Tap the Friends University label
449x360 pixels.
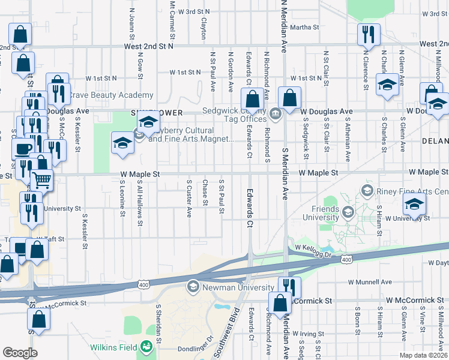(x=321, y=212)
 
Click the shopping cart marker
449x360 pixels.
(x=41, y=179)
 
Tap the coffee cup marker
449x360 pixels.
(x=23, y=148)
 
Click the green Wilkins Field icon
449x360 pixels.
(x=146, y=346)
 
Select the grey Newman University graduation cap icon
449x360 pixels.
(x=193, y=287)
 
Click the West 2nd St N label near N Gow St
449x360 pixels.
(x=148, y=46)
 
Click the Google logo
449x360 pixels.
(x=20, y=353)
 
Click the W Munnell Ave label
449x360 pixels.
(x=370, y=281)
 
